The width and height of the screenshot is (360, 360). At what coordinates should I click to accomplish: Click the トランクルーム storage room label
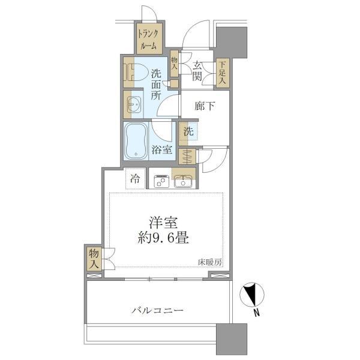tap(148, 40)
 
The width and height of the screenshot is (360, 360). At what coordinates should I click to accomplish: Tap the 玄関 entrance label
tap(197, 71)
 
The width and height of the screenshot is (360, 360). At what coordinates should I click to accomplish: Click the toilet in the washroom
tap(136, 73)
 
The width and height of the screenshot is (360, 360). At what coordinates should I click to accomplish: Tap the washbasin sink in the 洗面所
tap(134, 104)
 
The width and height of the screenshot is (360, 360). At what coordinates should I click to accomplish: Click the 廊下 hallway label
tap(205, 106)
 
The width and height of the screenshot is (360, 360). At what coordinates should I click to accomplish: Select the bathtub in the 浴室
tap(136, 141)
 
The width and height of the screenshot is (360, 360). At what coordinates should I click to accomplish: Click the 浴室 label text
tap(162, 149)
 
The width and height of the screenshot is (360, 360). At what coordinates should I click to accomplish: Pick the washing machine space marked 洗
tap(188, 131)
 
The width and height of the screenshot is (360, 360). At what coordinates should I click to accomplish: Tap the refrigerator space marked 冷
tap(136, 178)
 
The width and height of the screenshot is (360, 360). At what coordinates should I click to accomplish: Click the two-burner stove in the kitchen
tap(161, 181)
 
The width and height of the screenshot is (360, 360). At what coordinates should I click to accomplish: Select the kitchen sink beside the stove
tap(183, 181)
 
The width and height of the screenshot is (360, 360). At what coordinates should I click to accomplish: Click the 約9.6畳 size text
tap(163, 238)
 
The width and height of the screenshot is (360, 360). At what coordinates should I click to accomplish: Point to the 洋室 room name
tap(163, 222)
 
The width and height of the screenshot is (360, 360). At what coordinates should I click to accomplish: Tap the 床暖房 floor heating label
tap(210, 262)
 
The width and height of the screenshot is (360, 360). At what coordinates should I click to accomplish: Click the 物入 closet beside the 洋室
tap(94, 259)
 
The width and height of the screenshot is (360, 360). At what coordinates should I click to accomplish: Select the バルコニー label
tap(158, 311)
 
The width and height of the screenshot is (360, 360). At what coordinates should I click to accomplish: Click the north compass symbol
tap(252, 295)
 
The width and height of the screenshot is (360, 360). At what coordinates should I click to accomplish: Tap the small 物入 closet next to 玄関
tap(175, 64)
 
